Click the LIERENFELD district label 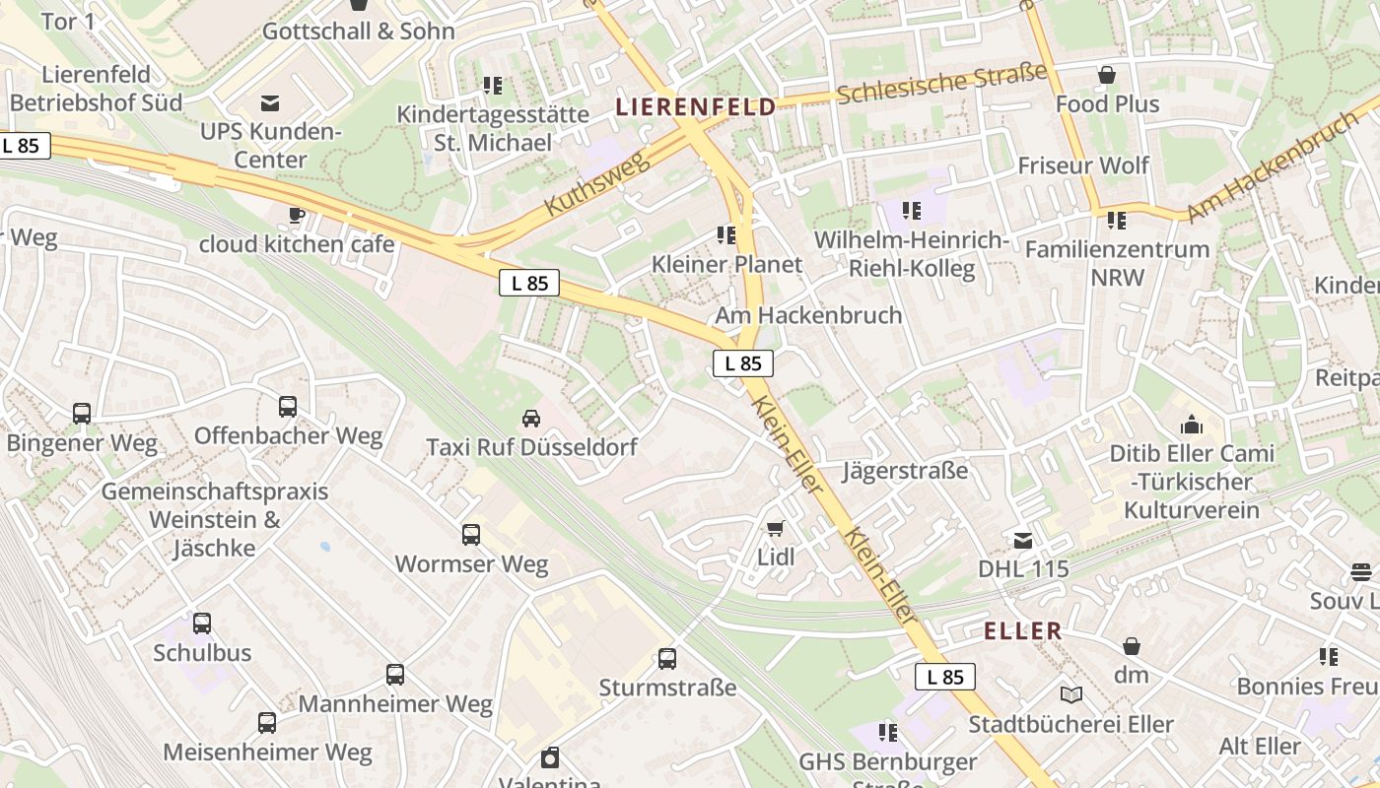pyautogui.click(x=696, y=107)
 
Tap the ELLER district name pyautogui.click(x=1023, y=631)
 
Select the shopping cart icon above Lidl pyautogui.click(x=776, y=529)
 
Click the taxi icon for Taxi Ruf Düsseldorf pyautogui.click(x=531, y=419)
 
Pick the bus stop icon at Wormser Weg pyautogui.click(x=471, y=535)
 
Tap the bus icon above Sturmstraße pyautogui.click(x=667, y=659)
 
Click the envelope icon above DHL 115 pyautogui.click(x=1023, y=541)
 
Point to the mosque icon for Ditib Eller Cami pyautogui.click(x=1192, y=425)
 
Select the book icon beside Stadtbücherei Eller pyautogui.click(x=1071, y=695)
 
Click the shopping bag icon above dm pyautogui.click(x=1132, y=646)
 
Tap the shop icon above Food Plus pyautogui.click(x=1107, y=75)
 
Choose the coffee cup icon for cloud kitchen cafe pyautogui.click(x=296, y=215)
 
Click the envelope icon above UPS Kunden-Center pyautogui.click(x=269, y=102)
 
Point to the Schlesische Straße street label pyautogui.click(x=942, y=83)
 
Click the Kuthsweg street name pyautogui.click(x=597, y=183)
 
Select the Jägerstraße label pyautogui.click(x=905, y=471)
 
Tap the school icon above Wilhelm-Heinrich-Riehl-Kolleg pyautogui.click(x=912, y=211)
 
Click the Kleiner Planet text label pyautogui.click(x=726, y=264)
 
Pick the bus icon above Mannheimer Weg pyautogui.click(x=395, y=675)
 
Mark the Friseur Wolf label pyautogui.click(x=1083, y=164)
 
